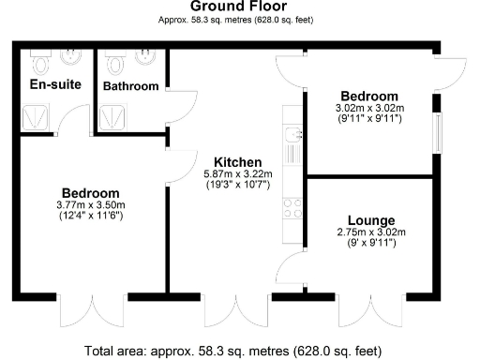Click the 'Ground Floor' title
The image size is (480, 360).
[240, 6]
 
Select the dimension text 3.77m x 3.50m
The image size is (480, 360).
[92, 205]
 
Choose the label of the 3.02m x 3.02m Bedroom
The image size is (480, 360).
[369, 97]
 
